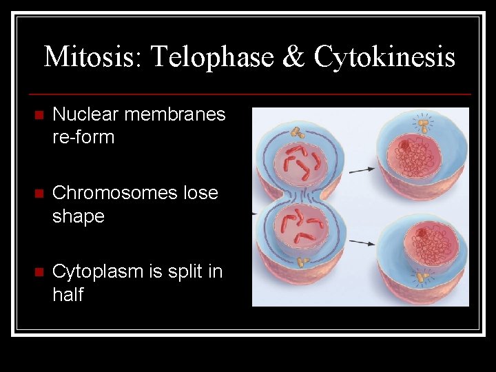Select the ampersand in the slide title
(293, 56)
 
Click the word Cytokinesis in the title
(384, 56)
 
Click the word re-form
(83, 137)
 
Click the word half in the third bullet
(68, 295)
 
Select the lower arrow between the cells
(362, 242)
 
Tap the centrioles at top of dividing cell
(298, 131)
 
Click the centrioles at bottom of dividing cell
(302, 262)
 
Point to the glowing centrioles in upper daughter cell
(422, 125)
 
